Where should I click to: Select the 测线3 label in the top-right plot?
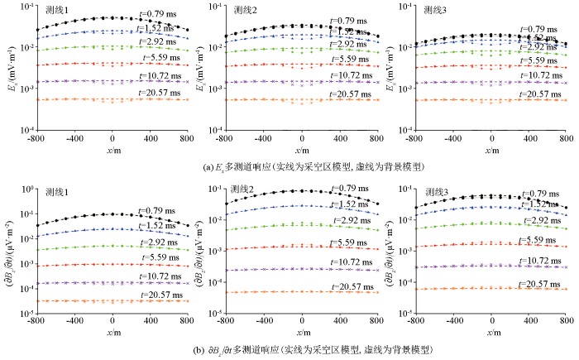click(437, 11)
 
